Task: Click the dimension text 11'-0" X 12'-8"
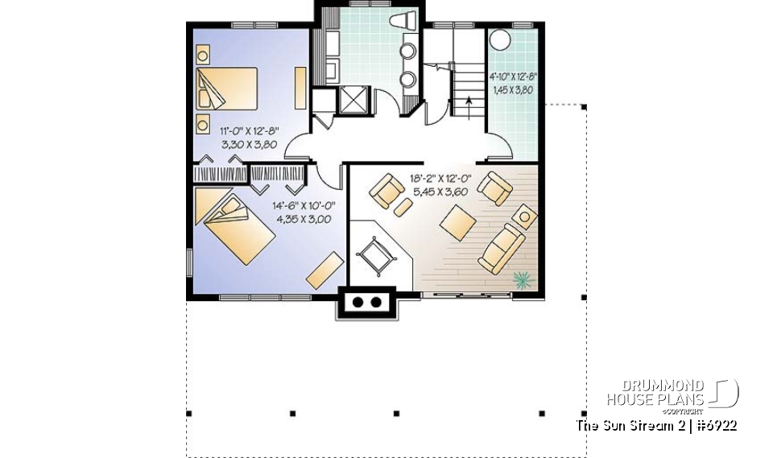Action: [x=251, y=130]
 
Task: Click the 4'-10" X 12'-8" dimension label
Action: [x=513, y=78]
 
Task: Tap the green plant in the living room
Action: [x=523, y=279]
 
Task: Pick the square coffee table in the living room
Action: [x=457, y=221]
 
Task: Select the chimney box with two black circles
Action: [x=367, y=303]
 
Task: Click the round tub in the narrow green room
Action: [x=502, y=40]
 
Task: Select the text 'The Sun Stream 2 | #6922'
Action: [x=656, y=425]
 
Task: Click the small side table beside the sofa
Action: [x=527, y=217]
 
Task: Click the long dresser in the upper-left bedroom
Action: [x=300, y=89]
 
